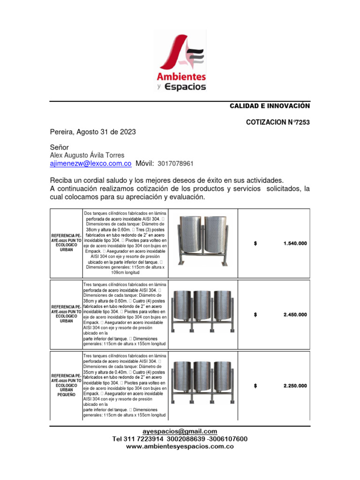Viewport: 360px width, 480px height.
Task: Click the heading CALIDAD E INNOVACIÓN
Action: (269, 106)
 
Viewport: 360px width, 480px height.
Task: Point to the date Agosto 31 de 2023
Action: (106, 132)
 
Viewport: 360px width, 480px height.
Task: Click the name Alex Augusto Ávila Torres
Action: (87, 156)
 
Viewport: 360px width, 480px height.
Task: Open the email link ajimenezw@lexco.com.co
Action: (90, 164)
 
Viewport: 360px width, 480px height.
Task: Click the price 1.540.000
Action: (295, 243)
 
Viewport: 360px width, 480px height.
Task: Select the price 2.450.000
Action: (295, 315)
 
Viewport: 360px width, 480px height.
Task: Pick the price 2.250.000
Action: (295, 386)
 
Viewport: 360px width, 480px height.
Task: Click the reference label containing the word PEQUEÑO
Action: (66, 385)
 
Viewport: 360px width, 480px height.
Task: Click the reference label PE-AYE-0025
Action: (66, 239)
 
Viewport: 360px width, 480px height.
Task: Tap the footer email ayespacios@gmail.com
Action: (180, 431)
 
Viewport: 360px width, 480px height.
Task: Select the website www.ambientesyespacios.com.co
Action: (180, 447)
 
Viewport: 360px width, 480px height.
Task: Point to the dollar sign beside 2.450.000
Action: (255, 315)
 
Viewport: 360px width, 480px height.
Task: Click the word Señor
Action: (60, 148)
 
